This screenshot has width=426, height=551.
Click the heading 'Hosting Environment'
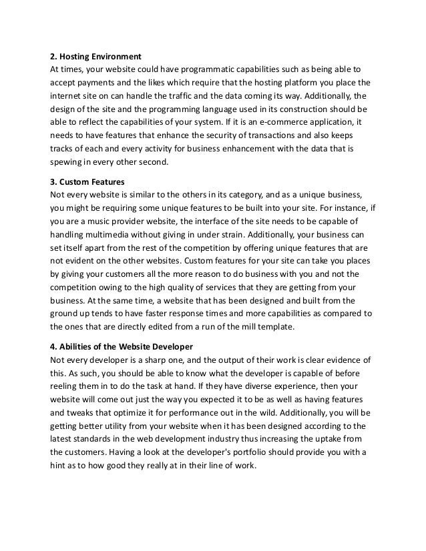pos(101,55)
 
